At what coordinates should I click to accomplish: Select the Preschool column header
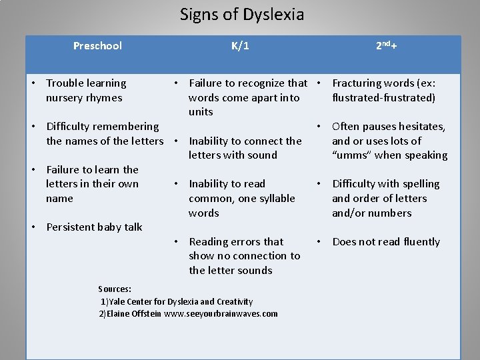(x=97, y=46)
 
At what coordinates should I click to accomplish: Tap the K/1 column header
(x=241, y=46)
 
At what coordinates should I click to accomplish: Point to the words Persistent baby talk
(x=94, y=227)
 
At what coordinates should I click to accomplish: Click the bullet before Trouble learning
(x=33, y=83)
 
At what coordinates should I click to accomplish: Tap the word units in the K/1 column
(x=201, y=112)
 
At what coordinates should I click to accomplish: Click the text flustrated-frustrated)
(x=383, y=98)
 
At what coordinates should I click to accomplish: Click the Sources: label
(x=115, y=289)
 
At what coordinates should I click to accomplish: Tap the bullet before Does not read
(x=319, y=242)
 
